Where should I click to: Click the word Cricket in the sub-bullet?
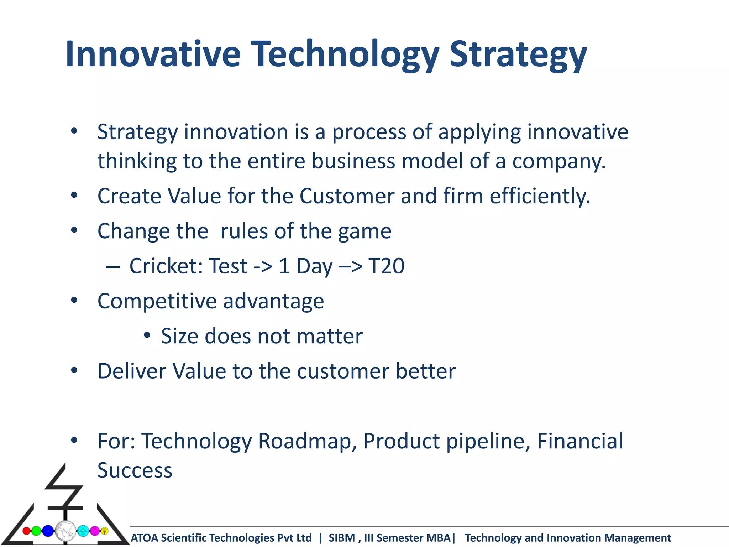tap(166, 266)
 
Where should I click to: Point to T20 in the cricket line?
tap(386, 266)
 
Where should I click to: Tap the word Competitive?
tap(157, 301)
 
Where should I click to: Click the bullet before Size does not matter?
tap(147, 335)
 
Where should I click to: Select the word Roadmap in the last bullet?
tap(307, 441)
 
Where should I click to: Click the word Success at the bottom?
tap(135, 470)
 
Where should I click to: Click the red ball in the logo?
tap(26, 531)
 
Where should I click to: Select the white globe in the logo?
tap(65, 531)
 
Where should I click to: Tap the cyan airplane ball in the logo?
tap(83, 531)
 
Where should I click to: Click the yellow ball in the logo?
tap(104, 531)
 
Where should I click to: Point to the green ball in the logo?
tap(36, 531)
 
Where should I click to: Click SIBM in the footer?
tap(341, 538)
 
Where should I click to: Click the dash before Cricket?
tap(112, 267)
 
